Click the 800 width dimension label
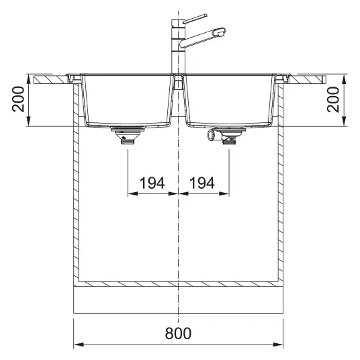tap(178, 333)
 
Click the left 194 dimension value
tap(152, 183)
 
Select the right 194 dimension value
tap(202, 183)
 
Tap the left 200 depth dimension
tap(18, 99)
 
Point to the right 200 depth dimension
tap(333, 99)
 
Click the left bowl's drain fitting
tap(128, 136)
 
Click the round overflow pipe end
tap(210, 134)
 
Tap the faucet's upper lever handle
tap(195, 18)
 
